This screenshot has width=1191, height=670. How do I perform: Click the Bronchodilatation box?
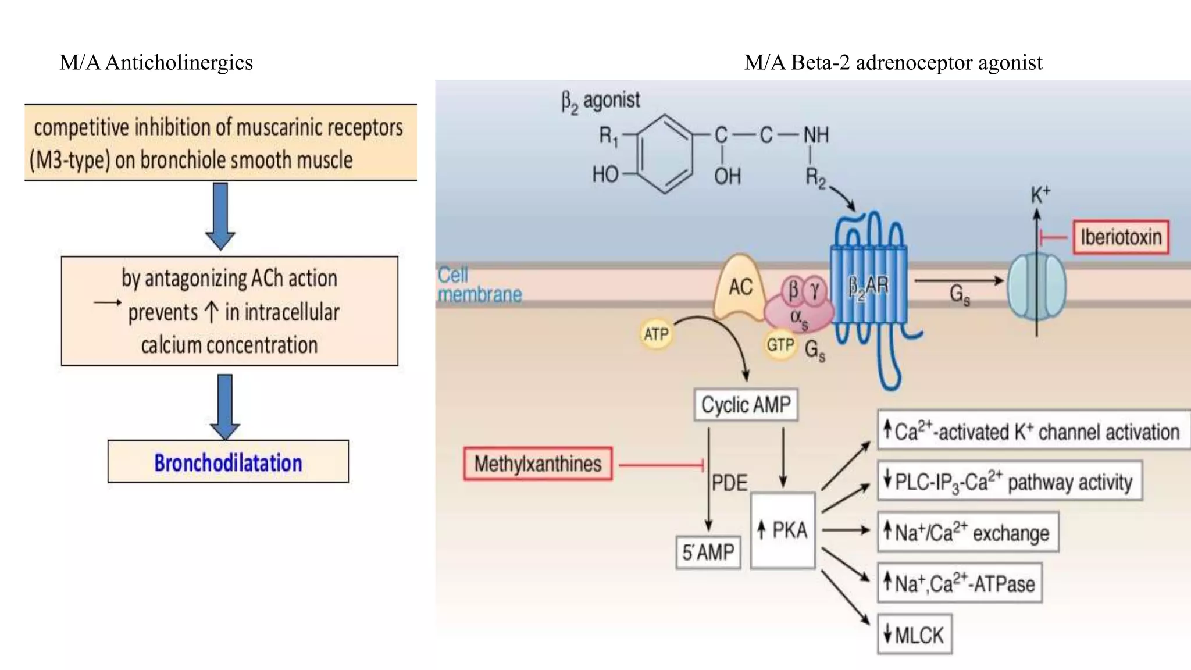[x=228, y=462]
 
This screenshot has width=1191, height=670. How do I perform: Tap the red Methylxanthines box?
[x=538, y=464]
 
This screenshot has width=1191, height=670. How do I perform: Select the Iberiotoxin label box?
[x=1121, y=237]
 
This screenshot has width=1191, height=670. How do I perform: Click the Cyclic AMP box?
[x=746, y=405]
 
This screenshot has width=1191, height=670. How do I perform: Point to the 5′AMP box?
[x=708, y=552]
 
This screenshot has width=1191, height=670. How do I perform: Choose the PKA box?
[x=783, y=530]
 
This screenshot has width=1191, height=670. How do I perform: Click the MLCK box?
[x=914, y=635]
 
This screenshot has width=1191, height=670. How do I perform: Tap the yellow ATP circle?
[x=656, y=334]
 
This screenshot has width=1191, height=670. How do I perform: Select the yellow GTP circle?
[x=780, y=345]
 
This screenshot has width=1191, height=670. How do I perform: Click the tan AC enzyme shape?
[x=740, y=288]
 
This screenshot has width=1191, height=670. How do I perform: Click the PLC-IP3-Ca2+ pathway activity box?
[x=1010, y=482]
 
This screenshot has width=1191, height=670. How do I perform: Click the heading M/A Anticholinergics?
[x=156, y=63]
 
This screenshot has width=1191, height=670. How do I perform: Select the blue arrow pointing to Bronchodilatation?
[x=225, y=406]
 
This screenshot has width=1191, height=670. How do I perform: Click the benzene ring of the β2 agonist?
[x=664, y=154]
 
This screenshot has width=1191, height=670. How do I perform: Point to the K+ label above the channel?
[x=1040, y=195]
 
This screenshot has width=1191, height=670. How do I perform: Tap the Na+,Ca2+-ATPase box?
[x=960, y=583]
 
